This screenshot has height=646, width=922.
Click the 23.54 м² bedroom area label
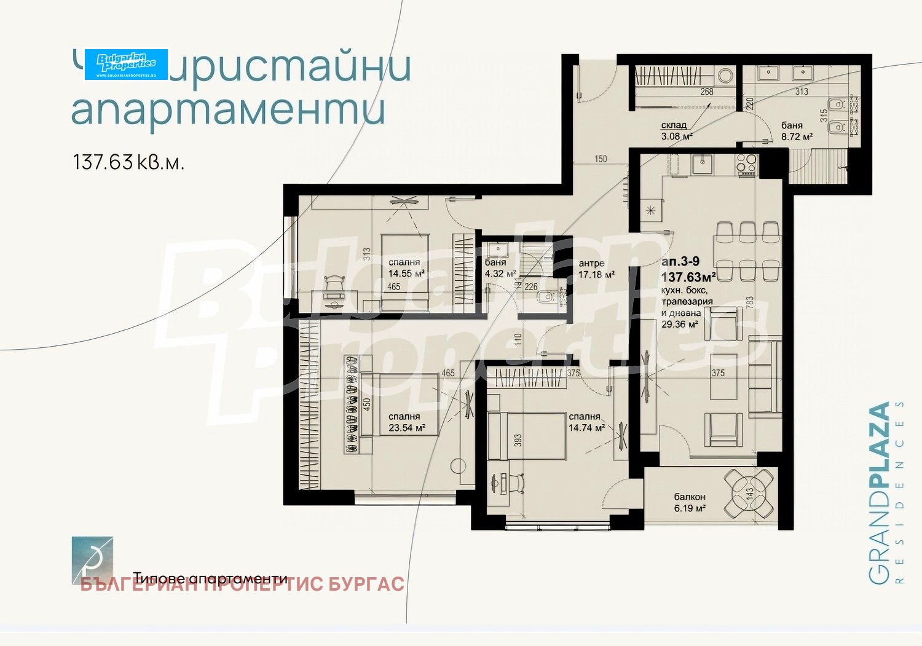[407, 428]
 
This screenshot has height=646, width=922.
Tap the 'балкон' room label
[690, 497]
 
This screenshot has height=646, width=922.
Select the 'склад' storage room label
[674, 125]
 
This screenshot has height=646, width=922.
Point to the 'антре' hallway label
[591, 263]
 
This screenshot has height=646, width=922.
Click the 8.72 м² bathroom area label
[797, 136]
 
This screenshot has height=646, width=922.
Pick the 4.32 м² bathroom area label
[500, 274]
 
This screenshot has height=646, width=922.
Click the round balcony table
[749, 493]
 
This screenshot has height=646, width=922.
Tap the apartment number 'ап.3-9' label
[680, 262]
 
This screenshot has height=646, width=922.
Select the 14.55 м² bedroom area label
[406, 274]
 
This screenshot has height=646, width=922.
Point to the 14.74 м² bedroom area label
[586, 428]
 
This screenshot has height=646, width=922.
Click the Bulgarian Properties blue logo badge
[126, 64]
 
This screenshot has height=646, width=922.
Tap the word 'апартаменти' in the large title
[229, 109]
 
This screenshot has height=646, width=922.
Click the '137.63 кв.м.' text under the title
[128, 162]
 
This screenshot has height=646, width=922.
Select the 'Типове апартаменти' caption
[210, 578]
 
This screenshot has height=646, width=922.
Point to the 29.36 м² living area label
[679, 324]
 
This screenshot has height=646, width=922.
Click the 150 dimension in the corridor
[601, 159]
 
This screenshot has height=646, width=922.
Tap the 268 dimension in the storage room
[707, 92]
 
